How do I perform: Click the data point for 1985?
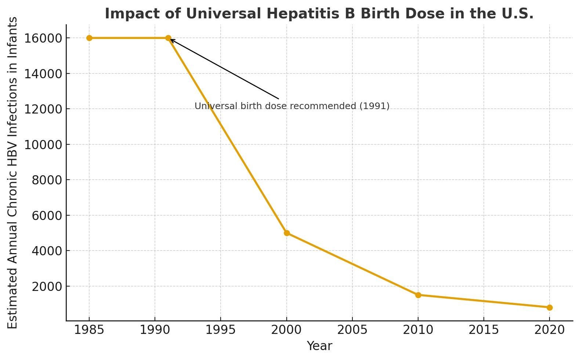tap(89, 38)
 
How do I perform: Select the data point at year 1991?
tap(168, 38)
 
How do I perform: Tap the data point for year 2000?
tap(287, 233)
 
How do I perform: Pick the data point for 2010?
tap(418, 295)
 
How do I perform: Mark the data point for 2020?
tap(550, 307)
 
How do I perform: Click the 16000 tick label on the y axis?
tap(43, 38)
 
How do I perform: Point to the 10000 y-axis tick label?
tap(43, 145)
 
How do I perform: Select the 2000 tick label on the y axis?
tap(47, 287)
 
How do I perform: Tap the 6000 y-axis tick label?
tap(47, 215)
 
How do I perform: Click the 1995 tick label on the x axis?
tap(221, 330)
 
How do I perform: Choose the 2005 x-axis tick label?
tap(352, 330)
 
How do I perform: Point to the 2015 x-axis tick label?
tap(484, 330)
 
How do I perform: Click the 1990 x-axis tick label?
tap(155, 330)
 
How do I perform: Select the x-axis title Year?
tap(319, 346)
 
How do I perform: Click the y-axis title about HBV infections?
tap(12, 173)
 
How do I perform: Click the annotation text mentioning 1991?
tap(292, 106)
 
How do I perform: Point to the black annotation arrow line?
tap(224, 69)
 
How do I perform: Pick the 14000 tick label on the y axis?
tap(43, 74)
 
